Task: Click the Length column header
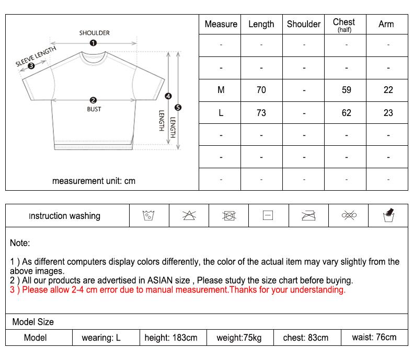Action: click(x=261, y=24)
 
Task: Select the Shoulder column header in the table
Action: click(x=304, y=24)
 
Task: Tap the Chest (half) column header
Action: click(x=344, y=24)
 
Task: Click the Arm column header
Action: click(x=386, y=24)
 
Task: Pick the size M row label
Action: click(x=221, y=90)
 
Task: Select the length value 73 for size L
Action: click(x=261, y=113)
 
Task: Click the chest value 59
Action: click(x=346, y=90)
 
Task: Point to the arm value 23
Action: click(x=388, y=113)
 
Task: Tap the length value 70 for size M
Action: click(x=261, y=90)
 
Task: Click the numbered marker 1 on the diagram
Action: click(x=93, y=43)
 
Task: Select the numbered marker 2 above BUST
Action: click(x=93, y=100)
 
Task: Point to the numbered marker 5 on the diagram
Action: click(x=178, y=108)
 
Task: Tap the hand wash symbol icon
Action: click(x=388, y=215)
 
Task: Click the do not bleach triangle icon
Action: click(x=189, y=215)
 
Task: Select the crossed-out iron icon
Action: click(x=308, y=215)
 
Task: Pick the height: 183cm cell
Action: click(x=171, y=338)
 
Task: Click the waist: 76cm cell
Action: click(x=374, y=338)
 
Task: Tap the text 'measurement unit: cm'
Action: click(x=94, y=181)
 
